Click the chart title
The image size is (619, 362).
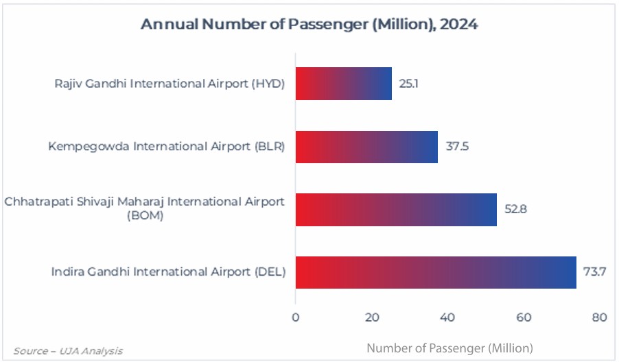(x=309, y=25)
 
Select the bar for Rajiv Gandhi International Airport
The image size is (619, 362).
(x=343, y=84)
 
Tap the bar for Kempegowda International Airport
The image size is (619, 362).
(x=366, y=147)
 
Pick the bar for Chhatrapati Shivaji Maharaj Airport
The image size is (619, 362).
(x=396, y=210)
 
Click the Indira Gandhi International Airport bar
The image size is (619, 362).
(x=436, y=272)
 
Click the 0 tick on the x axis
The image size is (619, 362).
(x=296, y=317)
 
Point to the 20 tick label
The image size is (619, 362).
(x=371, y=317)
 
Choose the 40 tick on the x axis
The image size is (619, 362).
(x=447, y=317)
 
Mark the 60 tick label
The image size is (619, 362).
(x=524, y=317)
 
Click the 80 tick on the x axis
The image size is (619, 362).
(x=600, y=317)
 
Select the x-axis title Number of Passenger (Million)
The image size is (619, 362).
(x=449, y=348)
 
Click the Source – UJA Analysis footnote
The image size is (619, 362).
(x=68, y=350)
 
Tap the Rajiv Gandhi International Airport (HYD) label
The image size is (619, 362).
(x=170, y=84)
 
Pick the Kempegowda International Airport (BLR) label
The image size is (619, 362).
(x=166, y=147)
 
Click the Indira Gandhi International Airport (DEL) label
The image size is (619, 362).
(x=168, y=272)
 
